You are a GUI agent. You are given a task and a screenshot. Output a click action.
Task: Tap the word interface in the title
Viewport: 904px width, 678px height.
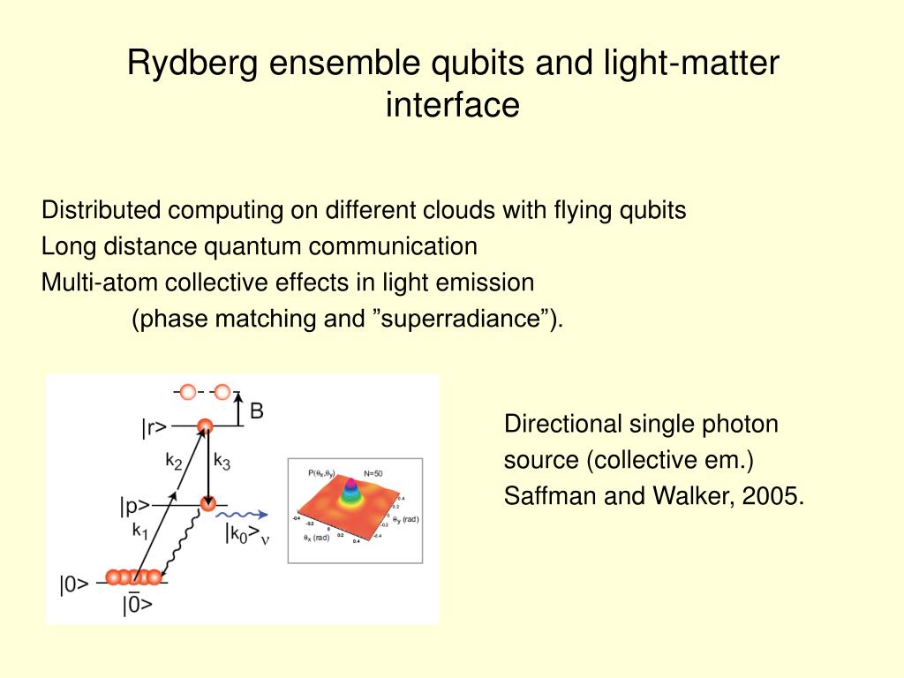pyautogui.click(x=452, y=104)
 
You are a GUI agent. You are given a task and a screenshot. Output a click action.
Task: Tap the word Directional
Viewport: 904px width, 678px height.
pyautogui.click(x=562, y=425)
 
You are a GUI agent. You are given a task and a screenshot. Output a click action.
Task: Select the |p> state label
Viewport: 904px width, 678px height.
pyautogui.click(x=134, y=506)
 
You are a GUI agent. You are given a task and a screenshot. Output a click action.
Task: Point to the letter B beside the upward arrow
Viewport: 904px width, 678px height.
pyautogui.click(x=257, y=411)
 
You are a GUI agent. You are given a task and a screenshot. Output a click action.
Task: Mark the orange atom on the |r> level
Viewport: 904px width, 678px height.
pyautogui.click(x=205, y=426)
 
